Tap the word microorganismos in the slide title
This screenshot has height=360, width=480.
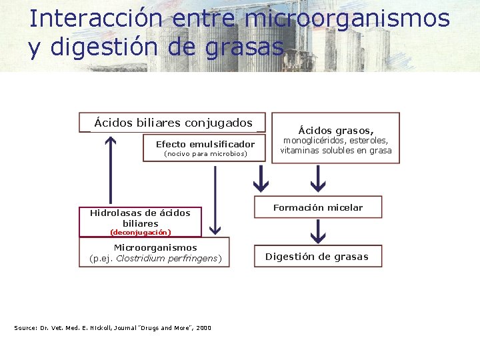tap(347, 18)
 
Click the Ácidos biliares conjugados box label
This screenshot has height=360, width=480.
tap(173, 123)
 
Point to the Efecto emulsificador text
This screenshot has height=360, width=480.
tap(205, 144)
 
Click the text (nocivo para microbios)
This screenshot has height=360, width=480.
tap(205, 154)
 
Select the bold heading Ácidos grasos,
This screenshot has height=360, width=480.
tap(336, 131)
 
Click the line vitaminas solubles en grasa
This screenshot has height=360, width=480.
tap(336, 151)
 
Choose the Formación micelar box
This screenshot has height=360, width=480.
tap(317, 207)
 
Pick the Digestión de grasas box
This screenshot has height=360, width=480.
tap(317, 257)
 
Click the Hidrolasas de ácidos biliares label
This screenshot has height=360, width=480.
tap(140, 218)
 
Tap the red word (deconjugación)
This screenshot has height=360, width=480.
tap(140, 233)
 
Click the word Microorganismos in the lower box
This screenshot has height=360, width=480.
tap(155, 248)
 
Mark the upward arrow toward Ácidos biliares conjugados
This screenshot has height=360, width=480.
tap(111, 170)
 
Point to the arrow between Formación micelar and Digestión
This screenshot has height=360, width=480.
tap(318, 231)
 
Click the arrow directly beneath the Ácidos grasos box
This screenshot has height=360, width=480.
tap(318, 177)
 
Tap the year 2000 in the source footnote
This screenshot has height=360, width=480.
tap(203, 328)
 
